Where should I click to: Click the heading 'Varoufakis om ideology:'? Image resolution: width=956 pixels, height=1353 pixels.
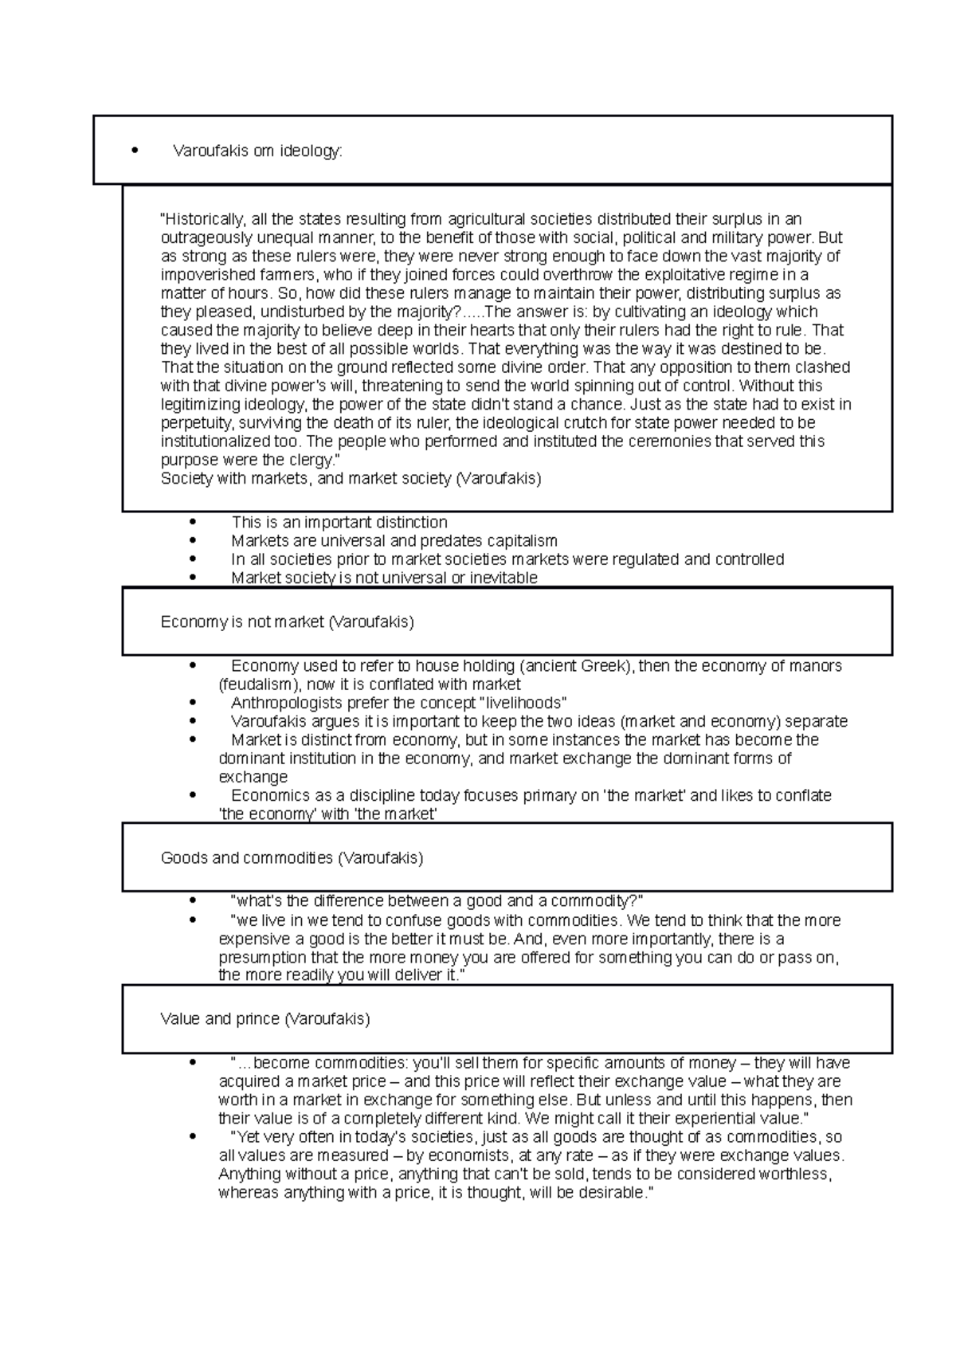[x=257, y=151]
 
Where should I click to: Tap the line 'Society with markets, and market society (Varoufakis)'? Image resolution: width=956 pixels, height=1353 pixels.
[x=351, y=479]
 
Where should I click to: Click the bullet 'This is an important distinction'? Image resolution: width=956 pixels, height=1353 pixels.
[x=339, y=523]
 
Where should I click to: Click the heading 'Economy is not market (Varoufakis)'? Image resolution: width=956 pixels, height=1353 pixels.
[x=287, y=622]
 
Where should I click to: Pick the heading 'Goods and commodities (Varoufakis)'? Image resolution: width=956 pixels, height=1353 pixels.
[x=292, y=858]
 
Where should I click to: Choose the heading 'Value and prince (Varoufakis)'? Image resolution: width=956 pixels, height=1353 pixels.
[x=265, y=1019]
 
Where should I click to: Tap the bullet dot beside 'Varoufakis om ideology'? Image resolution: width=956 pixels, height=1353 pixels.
[x=135, y=151]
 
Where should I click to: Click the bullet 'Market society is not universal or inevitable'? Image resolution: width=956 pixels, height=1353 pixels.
[x=384, y=578]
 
